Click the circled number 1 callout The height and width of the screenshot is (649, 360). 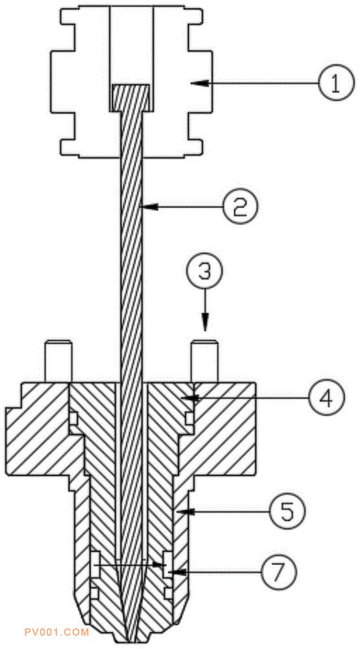point(336,83)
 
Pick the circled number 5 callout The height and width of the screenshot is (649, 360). point(287,512)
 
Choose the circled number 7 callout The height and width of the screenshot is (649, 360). point(278,572)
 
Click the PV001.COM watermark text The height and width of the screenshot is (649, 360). point(56,632)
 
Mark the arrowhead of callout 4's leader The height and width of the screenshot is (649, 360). point(191,398)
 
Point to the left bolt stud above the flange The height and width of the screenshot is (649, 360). point(58,360)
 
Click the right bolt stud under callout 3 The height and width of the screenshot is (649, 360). point(204,360)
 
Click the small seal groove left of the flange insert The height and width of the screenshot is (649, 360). point(73,419)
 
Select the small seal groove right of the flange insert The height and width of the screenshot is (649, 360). point(189,419)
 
